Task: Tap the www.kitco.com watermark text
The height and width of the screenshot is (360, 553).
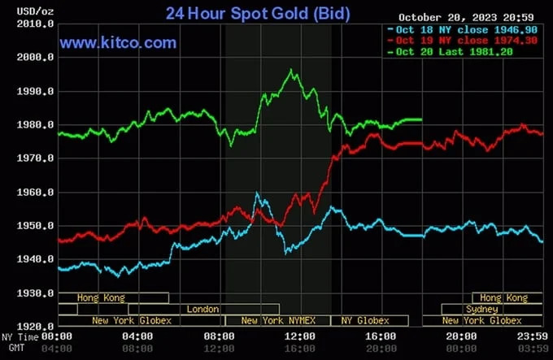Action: pos(118,42)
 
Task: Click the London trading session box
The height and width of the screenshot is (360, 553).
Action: pos(203,310)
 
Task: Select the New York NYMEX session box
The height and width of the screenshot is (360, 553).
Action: pos(277,321)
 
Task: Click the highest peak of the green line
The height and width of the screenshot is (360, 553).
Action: pos(291,70)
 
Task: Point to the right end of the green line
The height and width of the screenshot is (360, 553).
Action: pos(421,119)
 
